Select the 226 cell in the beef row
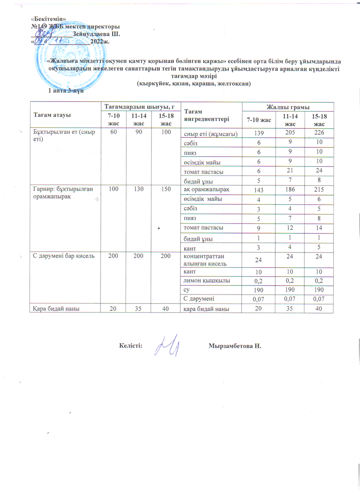(x=318, y=132)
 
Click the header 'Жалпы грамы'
(x=288, y=107)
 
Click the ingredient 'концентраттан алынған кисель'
(x=205, y=259)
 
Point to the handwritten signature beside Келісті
(x=167, y=346)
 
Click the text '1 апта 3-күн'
(x=66, y=90)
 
